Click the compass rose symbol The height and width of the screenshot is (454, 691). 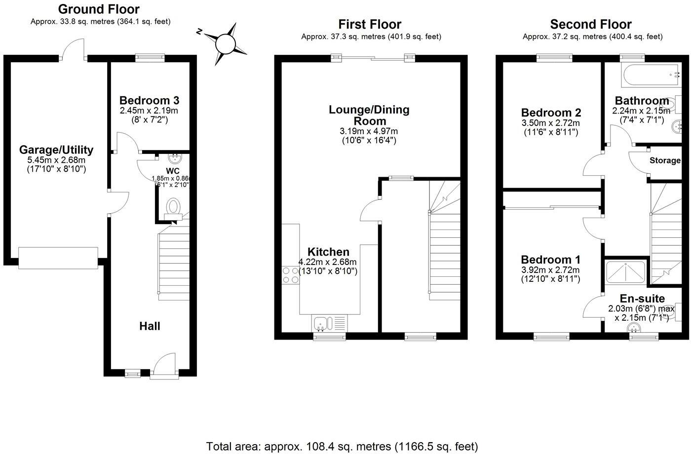226,44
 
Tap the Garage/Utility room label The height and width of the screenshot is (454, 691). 56,150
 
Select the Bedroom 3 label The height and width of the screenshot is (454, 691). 149,100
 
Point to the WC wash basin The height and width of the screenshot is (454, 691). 174,158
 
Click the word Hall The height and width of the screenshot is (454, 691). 150,326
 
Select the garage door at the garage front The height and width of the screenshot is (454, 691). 58,258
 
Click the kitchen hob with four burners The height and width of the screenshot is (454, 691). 290,275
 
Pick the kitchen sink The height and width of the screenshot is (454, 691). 321,324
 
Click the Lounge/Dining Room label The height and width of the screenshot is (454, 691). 369,115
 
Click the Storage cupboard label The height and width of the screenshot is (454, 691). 665,160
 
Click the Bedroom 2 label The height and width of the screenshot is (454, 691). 551,113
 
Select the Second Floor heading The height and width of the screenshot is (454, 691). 591,24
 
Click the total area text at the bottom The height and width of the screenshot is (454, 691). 342,447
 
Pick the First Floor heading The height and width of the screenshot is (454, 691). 370,24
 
